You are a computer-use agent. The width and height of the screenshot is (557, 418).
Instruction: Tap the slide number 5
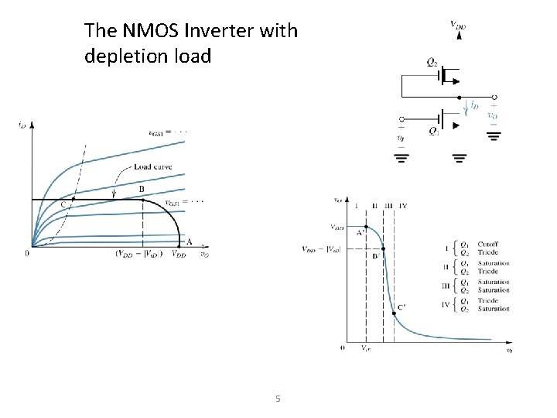(278, 399)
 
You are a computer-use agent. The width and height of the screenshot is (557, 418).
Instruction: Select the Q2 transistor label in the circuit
(431, 60)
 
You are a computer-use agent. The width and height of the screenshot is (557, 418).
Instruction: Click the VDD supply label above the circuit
(458, 25)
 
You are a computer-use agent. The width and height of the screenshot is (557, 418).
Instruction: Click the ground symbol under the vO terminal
(494, 135)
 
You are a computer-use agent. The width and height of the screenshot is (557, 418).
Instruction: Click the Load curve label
(153, 167)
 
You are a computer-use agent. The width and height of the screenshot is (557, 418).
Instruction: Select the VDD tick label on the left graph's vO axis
(179, 254)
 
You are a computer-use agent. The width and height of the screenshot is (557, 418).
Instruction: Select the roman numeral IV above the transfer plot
(403, 205)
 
